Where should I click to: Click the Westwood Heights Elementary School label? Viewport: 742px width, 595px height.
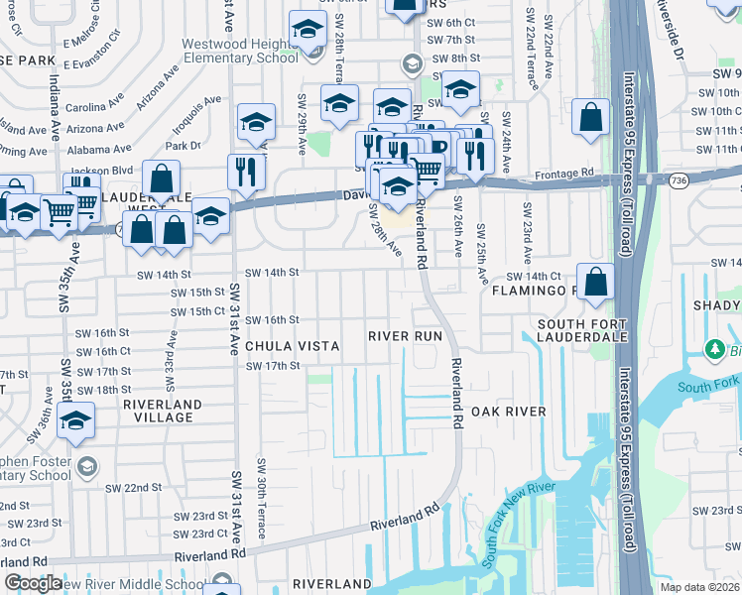coord(239,51)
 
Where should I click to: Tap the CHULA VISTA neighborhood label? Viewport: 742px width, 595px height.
coord(292,347)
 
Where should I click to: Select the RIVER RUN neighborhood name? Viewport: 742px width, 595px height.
coord(404,337)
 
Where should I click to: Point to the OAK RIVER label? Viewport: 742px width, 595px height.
coord(508,412)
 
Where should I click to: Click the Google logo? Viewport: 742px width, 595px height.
coord(33,583)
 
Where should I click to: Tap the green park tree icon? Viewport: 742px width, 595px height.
coord(713,350)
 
